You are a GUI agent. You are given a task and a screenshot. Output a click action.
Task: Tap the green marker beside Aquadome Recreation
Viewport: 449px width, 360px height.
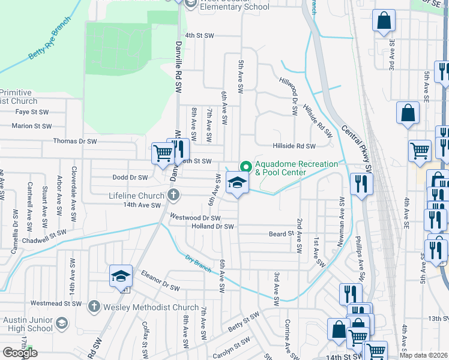(245, 166)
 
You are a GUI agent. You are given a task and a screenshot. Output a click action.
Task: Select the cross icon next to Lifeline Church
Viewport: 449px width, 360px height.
(173, 194)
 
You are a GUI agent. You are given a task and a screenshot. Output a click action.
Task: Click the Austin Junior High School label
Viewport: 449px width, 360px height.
(28, 324)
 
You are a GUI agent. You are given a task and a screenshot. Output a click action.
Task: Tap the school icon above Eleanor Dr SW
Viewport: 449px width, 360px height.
(121, 275)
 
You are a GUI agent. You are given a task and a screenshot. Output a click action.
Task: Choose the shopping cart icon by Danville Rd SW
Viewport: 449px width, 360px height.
(163, 153)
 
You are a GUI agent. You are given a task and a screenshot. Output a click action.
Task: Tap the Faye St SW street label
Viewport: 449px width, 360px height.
(32, 112)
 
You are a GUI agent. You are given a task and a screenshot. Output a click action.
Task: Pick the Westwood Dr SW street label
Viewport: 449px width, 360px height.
(195, 218)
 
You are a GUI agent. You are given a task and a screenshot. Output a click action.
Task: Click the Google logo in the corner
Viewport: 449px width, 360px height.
(20, 353)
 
